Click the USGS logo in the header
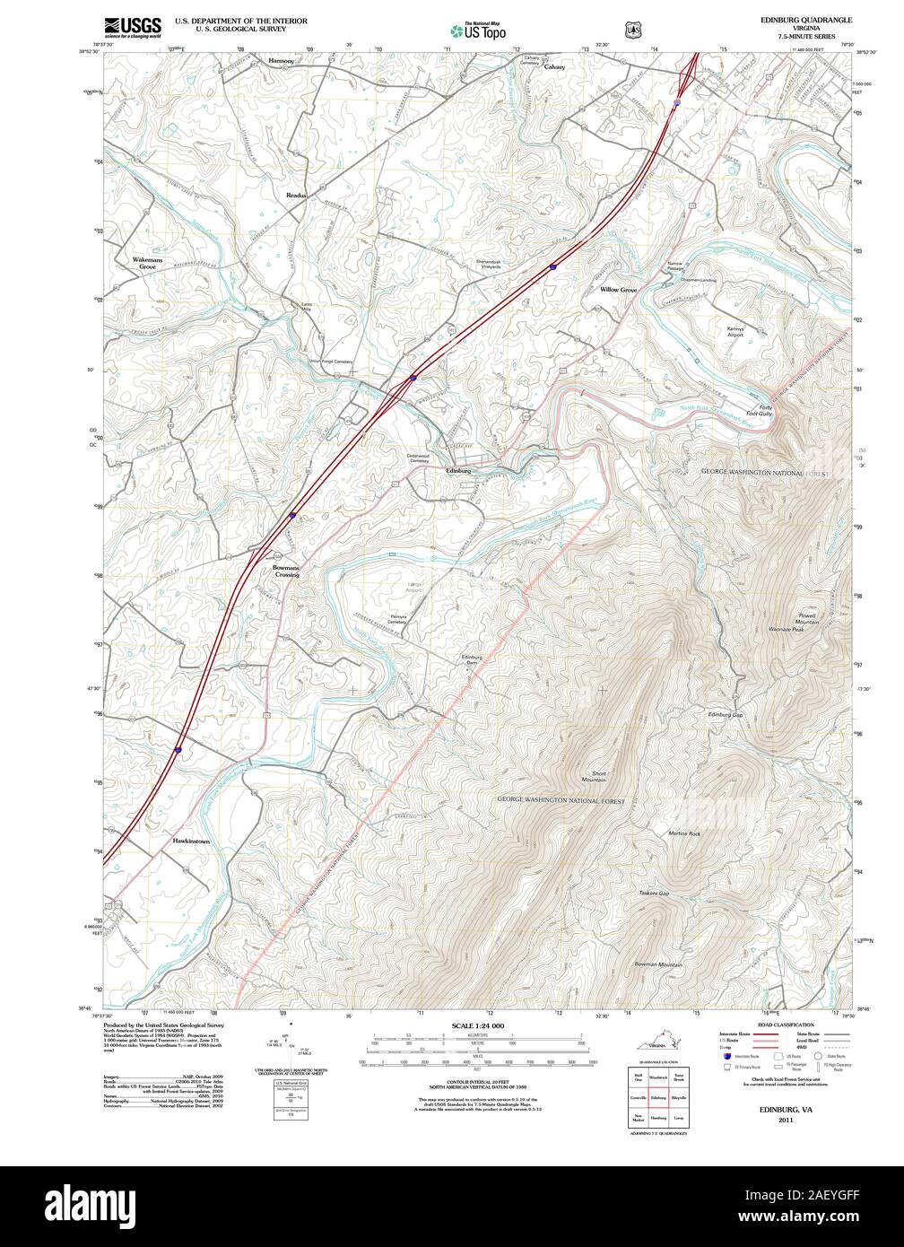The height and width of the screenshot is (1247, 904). click(133, 27)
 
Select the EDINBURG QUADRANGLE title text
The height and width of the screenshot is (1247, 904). click(805, 19)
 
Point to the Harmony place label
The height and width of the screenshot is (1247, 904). click(282, 61)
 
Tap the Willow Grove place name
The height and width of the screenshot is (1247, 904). click(618, 291)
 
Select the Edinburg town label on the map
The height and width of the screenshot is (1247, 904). click(458, 470)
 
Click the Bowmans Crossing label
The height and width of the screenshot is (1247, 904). click(286, 571)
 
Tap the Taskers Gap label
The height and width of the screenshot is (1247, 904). click(654, 894)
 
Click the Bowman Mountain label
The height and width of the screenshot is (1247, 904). click(658, 964)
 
